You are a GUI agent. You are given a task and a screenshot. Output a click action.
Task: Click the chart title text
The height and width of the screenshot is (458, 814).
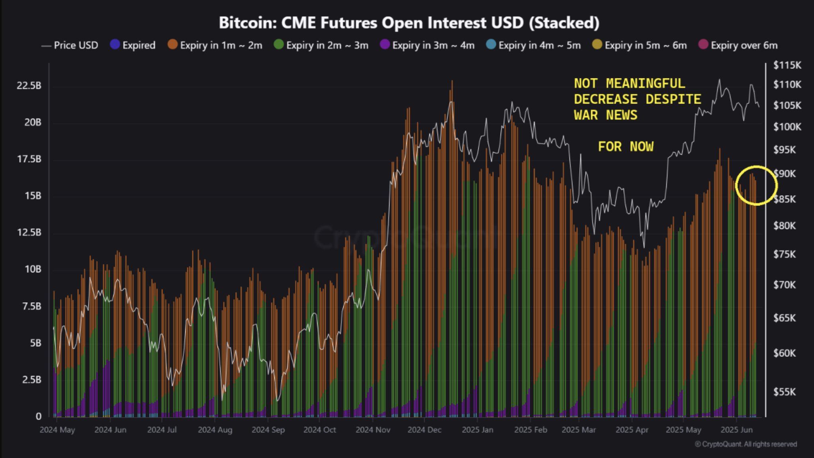click(x=409, y=23)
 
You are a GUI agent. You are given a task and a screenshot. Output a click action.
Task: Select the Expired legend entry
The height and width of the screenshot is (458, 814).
click(x=133, y=45)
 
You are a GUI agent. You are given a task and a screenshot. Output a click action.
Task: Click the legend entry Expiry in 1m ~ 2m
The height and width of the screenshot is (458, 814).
click(x=215, y=45)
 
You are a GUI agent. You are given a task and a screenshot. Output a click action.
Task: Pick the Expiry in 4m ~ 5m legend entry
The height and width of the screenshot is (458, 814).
click(x=534, y=45)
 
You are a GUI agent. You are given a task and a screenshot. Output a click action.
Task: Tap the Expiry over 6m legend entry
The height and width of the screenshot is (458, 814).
click(x=738, y=45)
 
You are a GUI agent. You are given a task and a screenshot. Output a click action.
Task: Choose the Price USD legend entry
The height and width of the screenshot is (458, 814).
click(x=70, y=45)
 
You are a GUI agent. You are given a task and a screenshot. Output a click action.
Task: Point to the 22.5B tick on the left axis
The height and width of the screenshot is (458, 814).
click(x=29, y=86)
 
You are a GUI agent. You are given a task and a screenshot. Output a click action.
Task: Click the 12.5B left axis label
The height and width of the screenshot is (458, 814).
click(x=29, y=232)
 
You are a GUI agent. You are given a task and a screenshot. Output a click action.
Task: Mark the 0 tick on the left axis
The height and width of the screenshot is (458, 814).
click(x=38, y=416)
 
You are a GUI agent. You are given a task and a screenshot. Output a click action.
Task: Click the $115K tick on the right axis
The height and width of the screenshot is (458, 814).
click(x=787, y=65)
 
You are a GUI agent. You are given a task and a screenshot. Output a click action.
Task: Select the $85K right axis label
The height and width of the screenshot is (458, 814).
click(x=784, y=199)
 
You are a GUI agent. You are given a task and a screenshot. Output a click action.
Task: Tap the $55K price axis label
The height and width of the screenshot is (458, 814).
click(x=784, y=391)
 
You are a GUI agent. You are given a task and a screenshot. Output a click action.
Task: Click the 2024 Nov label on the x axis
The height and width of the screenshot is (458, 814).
click(x=373, y=430)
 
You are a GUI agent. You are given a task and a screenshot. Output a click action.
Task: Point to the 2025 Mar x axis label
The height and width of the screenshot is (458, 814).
click(x=579, y=430)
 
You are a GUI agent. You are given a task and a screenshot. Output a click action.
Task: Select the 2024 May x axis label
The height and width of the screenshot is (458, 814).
click(x=57, y=430)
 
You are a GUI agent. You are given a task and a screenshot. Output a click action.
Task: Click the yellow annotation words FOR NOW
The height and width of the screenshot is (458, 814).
click(x=626, y=147)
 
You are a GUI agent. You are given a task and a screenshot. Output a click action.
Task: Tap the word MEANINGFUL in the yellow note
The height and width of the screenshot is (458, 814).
click(x=645, y=83)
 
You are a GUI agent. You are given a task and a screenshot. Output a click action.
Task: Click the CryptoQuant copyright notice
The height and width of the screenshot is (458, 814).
click(x=746, y=444)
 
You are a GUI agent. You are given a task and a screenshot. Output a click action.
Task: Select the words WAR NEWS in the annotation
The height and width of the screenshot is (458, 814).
click(x=605, y=115)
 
